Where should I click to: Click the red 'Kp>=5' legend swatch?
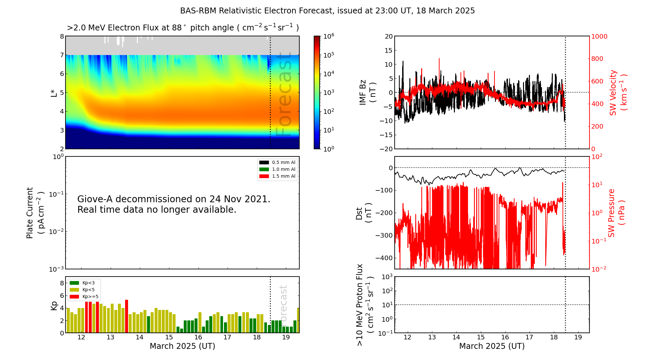[74, 297]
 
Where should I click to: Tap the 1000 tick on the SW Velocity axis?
[599, 37]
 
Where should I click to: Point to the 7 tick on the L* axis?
[62, 55]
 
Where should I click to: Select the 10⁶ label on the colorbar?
[329, 36]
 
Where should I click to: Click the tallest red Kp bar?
[126, 316]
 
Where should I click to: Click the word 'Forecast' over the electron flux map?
[284, 95]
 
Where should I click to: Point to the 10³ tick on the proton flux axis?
[387, 277]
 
